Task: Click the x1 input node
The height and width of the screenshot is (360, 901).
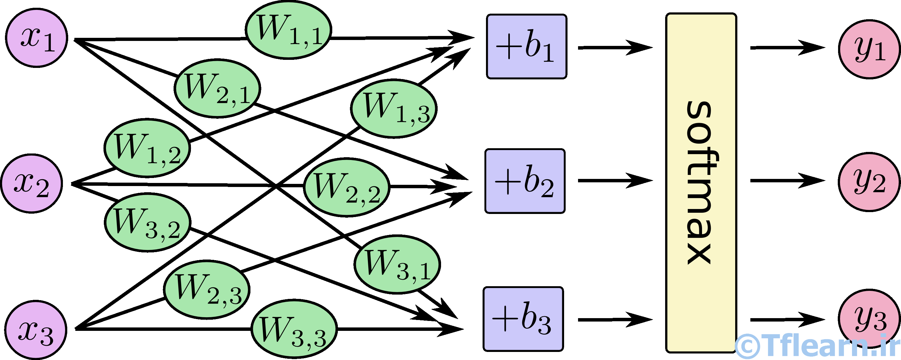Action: [x=37, y=38]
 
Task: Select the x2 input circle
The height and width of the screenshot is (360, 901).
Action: [x=32, y=183]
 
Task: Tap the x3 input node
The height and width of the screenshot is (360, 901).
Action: [x=36, y=330]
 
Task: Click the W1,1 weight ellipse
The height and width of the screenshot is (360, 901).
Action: [x=288, y=30]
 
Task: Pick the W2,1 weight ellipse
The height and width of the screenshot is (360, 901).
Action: [x=217, y=88]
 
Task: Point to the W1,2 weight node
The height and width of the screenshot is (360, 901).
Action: [x=147, y=148]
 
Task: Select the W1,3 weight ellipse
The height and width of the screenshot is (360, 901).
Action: [x=394, y=109]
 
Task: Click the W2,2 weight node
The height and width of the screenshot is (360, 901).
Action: [x=346, y=187]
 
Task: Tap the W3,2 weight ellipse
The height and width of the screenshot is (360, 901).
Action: [x=148, y=222]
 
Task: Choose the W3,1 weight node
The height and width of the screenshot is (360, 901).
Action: [x=397, y=264]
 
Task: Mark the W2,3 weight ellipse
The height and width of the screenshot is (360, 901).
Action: [x=207, y=289]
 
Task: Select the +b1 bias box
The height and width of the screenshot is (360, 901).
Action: [x=526, y=47]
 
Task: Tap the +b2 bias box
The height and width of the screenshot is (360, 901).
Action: [x=525, y=181]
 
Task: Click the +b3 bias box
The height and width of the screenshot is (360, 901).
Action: [x=523, y=319]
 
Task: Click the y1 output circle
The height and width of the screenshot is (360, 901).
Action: [x=869, y=49]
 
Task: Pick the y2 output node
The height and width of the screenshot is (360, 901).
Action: [x=869, y=182]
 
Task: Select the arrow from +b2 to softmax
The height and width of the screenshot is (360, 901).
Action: [x=615, y=180]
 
